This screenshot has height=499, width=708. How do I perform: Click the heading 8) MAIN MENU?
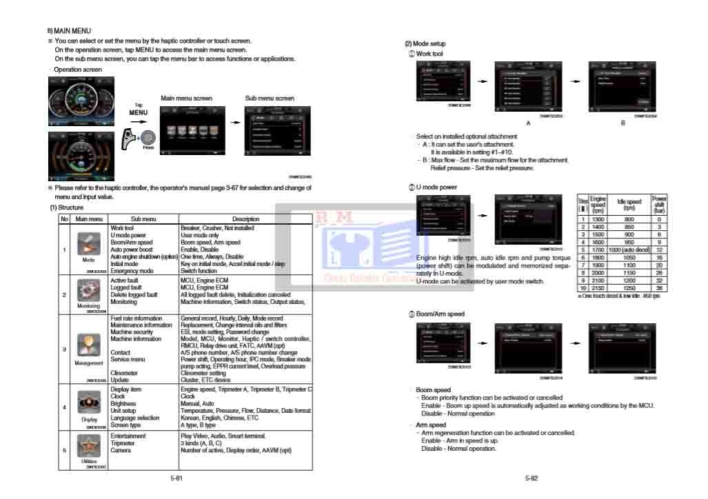69,31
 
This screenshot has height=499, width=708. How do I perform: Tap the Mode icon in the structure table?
88,243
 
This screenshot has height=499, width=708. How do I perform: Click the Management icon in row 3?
88,345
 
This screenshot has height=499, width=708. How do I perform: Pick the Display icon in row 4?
89,404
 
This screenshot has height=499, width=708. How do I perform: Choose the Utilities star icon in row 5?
88,446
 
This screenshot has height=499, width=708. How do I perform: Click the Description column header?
245,219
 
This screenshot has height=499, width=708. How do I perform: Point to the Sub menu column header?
144,219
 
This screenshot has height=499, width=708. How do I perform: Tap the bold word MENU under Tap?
139,113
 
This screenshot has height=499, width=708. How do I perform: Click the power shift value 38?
659,288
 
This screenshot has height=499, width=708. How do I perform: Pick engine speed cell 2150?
598,288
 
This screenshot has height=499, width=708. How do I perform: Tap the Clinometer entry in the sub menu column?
124,373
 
